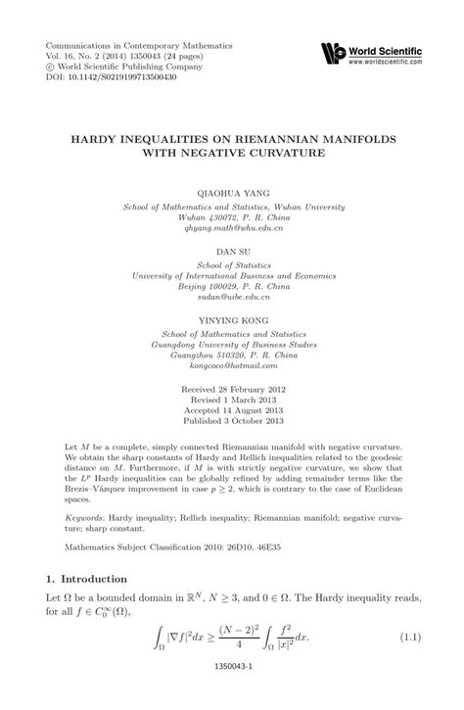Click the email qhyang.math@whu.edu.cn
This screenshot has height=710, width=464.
pos(232,229)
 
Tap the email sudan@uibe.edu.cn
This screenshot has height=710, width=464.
pos(232,296)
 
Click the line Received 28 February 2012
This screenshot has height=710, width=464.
pos(232,388)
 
